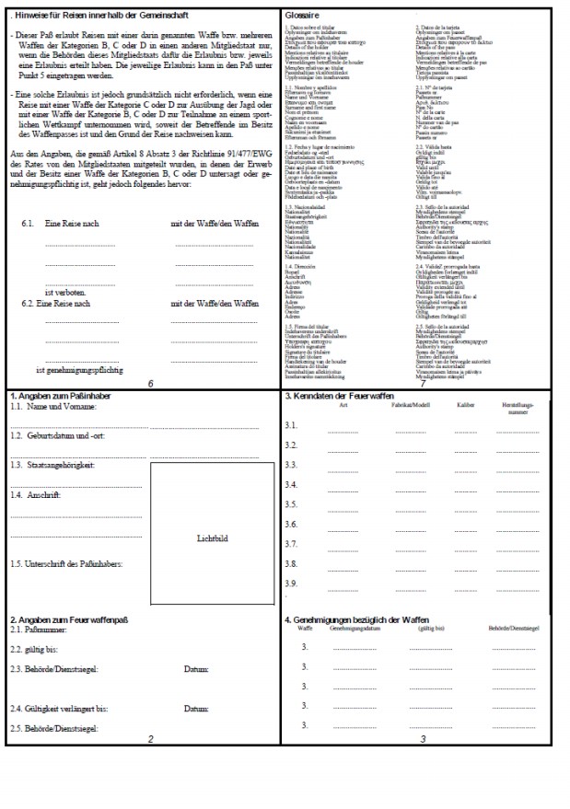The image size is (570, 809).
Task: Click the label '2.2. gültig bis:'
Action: point(33,649)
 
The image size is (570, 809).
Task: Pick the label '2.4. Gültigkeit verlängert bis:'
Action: point(59,709)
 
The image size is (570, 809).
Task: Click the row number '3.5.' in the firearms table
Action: point(291,504)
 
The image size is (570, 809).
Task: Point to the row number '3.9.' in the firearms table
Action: point(291,583)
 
